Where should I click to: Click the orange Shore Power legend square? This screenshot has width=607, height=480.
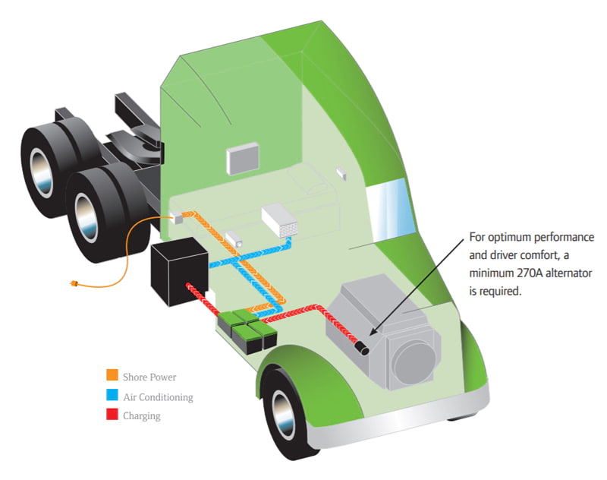click(x=112, y=376)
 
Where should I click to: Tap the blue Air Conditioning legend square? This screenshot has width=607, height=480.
click(x=112, y=396)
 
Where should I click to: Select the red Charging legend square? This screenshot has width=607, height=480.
click(x=112, y=415)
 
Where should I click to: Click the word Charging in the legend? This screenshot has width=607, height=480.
click(x=142, y=415)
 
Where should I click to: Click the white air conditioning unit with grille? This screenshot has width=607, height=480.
click(x=281, y=221)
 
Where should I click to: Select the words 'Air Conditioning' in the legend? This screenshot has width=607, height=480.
click(x=158, y=396)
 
